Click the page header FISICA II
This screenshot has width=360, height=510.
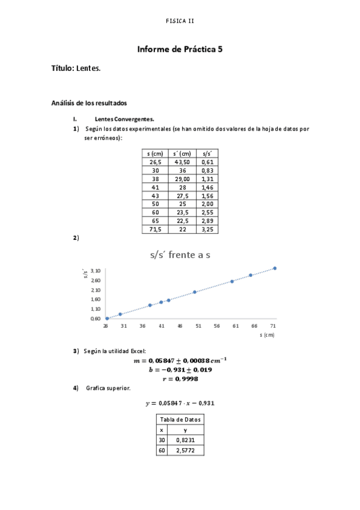180,21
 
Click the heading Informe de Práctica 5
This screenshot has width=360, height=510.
180,49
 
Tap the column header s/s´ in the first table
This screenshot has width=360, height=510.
207,154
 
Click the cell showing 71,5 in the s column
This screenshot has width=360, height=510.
155,229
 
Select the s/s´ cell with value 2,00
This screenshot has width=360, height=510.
207,204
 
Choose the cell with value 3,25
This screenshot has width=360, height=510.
207,229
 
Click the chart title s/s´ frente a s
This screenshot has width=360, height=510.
180,255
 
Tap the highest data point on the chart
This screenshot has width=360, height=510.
275,268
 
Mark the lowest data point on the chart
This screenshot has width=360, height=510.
107,318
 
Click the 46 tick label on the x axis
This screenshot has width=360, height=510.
180,325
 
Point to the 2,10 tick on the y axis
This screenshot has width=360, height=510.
96,290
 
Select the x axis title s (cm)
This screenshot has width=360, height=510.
266,334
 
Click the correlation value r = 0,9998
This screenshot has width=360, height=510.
180,379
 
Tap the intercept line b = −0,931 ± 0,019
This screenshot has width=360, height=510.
180,370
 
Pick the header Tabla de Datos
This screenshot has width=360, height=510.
180,419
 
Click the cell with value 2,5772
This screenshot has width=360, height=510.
185,450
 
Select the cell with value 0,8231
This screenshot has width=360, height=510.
185,440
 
